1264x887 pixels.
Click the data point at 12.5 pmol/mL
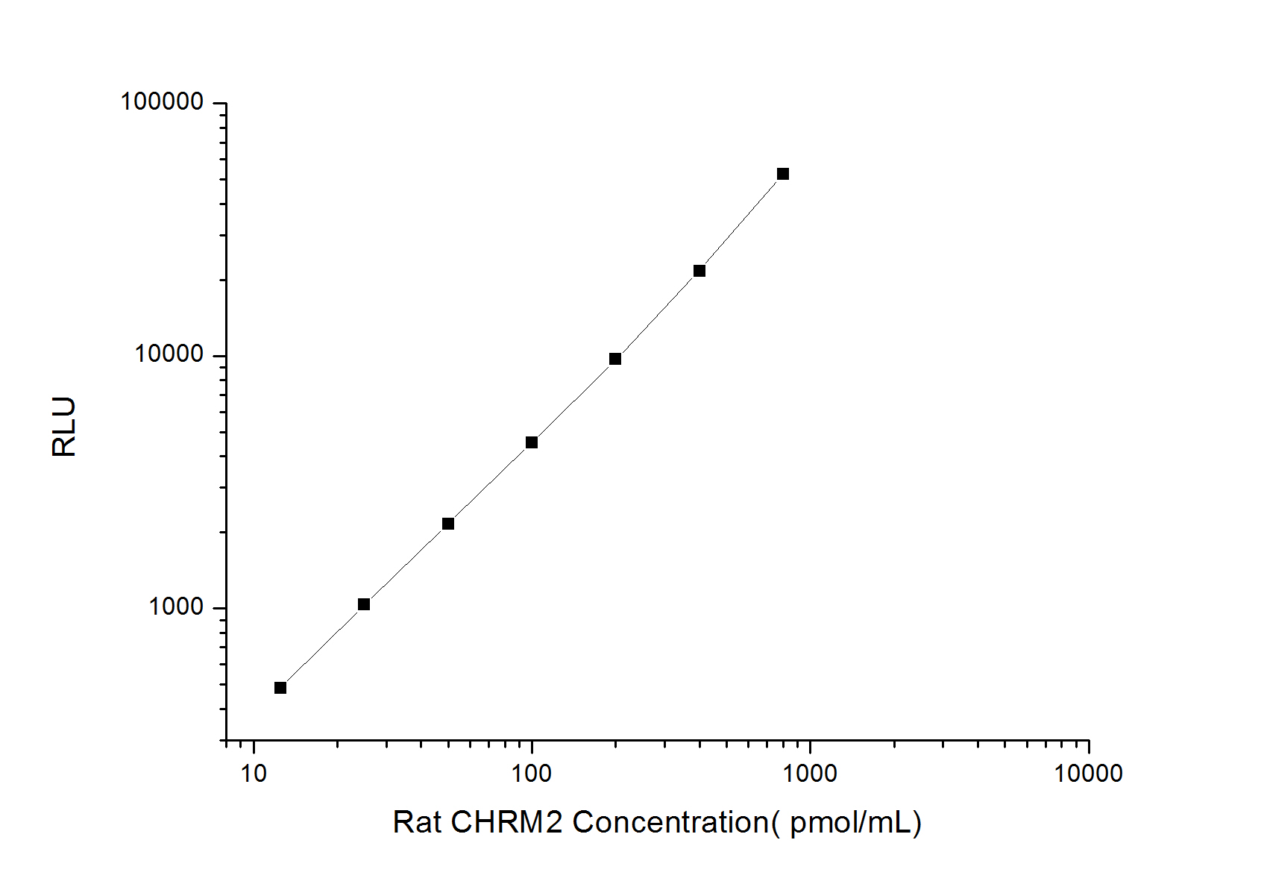click(280, 688)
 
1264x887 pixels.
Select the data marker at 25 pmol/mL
click(364, 604)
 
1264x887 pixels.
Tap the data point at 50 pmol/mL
click(448, 524)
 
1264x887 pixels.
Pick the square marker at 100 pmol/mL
click(532, 442)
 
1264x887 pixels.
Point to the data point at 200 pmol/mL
click(615, 359)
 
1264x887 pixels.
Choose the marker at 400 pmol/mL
click(699, 271)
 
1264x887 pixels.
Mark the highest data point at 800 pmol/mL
click(783, 174)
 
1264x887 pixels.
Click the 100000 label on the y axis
click(162, 101)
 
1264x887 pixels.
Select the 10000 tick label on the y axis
click(169, 354)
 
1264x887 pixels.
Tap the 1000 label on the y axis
click(176, 607)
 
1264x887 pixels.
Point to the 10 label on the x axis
click(254, 774)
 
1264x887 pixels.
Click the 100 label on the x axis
click(532, 774)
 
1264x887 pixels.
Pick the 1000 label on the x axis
click(810, 774)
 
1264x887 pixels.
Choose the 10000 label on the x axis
click(1088, 774)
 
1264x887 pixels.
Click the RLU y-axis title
click(65, 426)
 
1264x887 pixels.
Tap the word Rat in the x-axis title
click(417, 822)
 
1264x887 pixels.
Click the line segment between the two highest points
click(741, 222)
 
